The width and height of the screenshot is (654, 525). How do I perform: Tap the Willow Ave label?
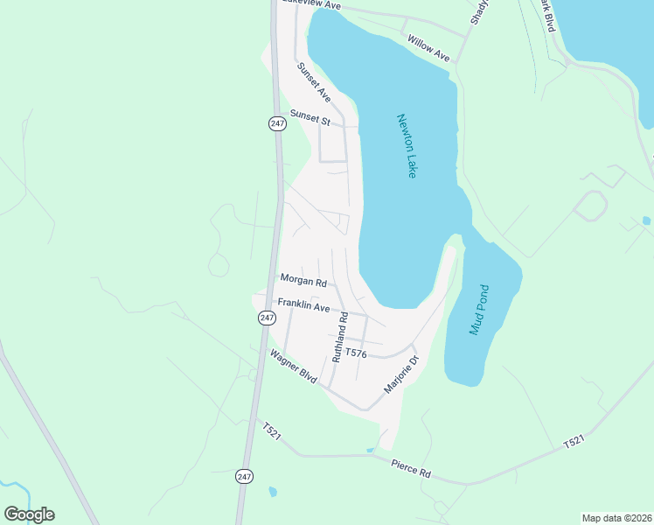[x=428, y=47]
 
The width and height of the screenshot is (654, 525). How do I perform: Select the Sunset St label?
[x=310, y=117]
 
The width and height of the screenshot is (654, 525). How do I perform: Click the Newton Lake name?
[x=407, y=146]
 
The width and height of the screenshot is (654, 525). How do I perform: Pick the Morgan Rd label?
[x=303, y=281]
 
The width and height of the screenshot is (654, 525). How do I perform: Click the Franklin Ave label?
[x=303, y=305]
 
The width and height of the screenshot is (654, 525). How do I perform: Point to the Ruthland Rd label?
[x=339, y=337]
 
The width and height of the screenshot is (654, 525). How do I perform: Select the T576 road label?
[x=355, y=353]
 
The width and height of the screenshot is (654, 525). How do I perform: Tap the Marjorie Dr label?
[x=402, y=374]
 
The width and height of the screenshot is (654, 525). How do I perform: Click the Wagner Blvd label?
[x=293, y=367]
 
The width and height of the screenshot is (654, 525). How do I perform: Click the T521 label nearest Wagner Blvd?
[x=272, y=432]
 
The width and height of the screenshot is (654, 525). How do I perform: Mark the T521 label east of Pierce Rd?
[x=573, y=444]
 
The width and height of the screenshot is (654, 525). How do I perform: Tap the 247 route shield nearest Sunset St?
[x=277, y=124]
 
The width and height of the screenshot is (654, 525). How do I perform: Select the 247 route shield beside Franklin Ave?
[x=267, y=318]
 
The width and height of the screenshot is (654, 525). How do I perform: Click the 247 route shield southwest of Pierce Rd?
[x=243, y=476]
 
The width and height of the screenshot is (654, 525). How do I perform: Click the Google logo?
[x=29, y=514]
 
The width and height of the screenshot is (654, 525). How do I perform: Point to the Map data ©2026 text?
[x=616, y=518]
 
